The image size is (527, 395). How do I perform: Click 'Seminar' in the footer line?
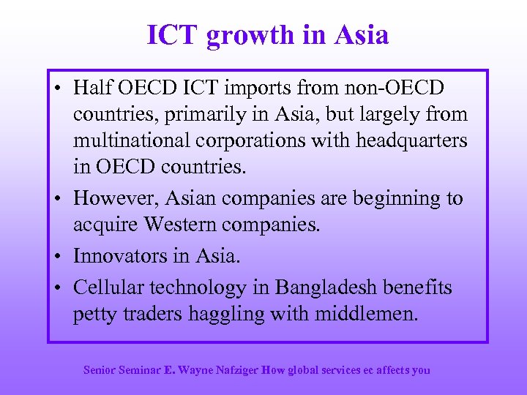138,370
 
